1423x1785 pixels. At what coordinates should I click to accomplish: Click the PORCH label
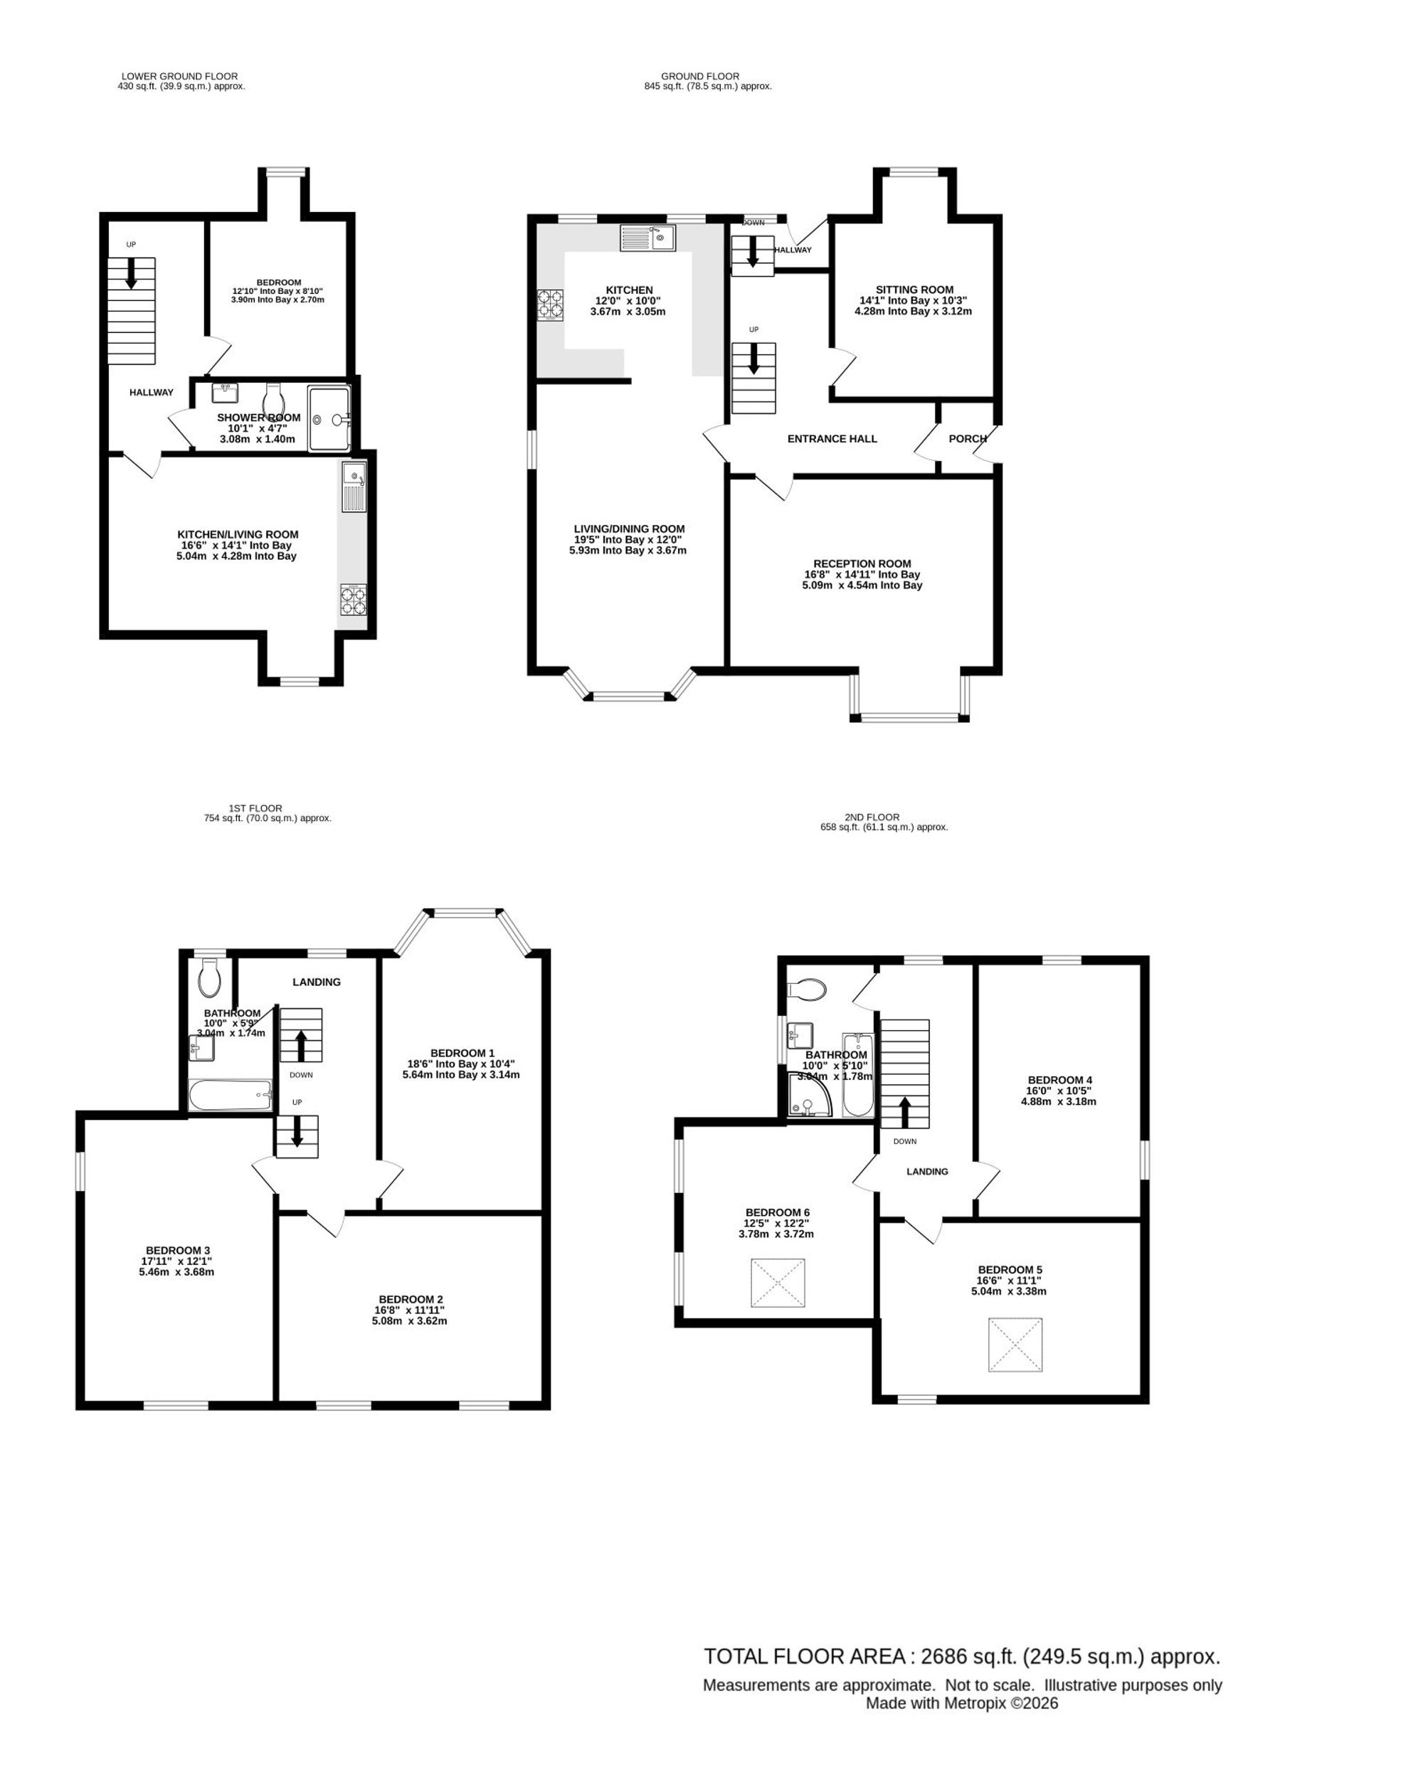point(967,439)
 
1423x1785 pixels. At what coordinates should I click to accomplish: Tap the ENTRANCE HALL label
point(832,439)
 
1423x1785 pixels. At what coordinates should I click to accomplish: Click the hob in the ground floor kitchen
point(551,304)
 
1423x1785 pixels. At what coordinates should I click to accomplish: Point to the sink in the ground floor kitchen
point(647,238)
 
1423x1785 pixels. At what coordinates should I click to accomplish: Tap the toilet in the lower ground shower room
point(273,398)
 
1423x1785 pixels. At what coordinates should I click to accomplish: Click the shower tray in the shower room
point(329,419)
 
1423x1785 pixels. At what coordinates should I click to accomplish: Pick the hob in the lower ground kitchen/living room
point(353,600)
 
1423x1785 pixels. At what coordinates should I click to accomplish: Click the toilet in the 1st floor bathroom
point(209,979)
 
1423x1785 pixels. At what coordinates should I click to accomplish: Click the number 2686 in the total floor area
point(948,1657)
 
